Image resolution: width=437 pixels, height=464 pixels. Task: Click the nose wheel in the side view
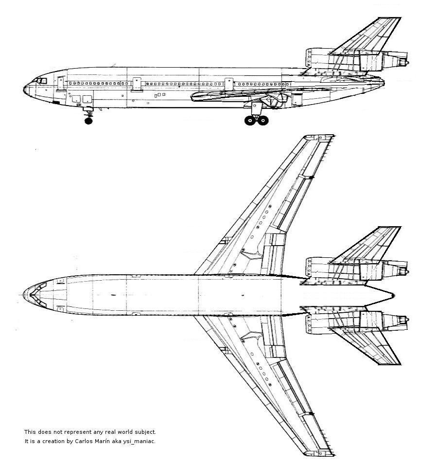click(88, 121)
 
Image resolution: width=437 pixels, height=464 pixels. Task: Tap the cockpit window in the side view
click(41, 81)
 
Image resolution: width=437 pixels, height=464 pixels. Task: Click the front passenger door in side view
click(61, 84)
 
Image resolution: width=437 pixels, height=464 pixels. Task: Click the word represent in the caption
click(78, 432)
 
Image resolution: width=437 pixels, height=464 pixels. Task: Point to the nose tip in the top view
click(24, 295)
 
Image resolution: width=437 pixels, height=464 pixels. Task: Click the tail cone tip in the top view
click(394, 295)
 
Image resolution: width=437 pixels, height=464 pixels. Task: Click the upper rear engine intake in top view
click(308, 267)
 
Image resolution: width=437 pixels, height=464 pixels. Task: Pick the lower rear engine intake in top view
click(308, 324)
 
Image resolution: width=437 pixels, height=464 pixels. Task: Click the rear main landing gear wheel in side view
click(263, 120)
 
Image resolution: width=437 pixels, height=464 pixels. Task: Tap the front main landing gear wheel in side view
click(250, 120)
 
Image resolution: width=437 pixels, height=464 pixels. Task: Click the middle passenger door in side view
click(137, 84)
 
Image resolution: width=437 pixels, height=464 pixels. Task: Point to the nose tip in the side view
click(24, 89)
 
